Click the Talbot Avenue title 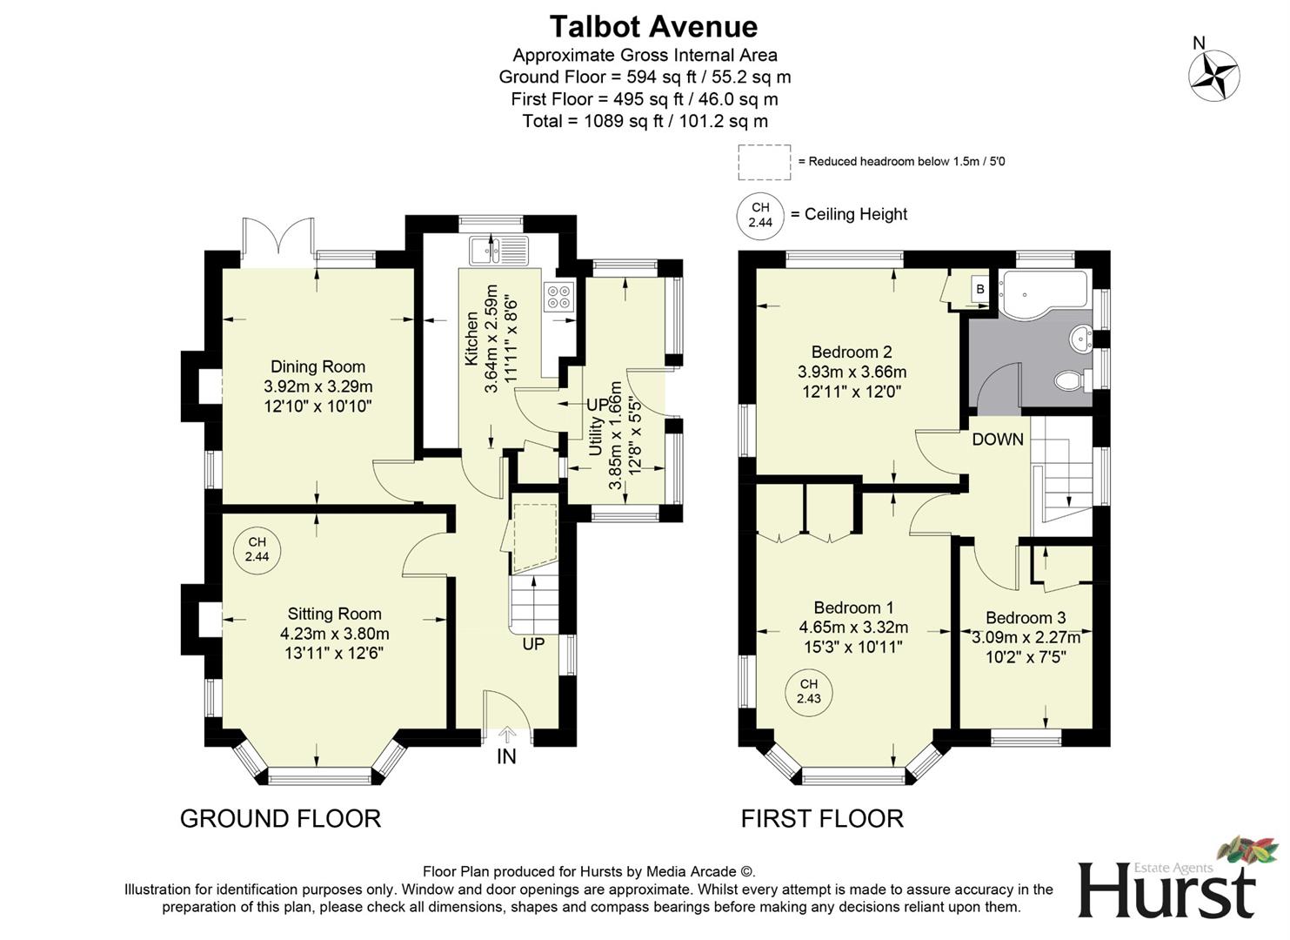[x=652, y=27]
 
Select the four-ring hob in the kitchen [x=558, y=297]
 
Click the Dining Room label [x=317, y=366]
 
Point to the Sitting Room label [x=334, y=614]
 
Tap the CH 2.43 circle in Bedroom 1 [x=808, y=691]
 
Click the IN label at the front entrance [x=506, y=756]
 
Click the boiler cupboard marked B [x=979, y=289]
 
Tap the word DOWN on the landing [x=998, y=440]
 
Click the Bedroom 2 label [x=851, y=352]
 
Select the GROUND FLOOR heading [x=280, y=818]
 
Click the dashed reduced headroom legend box [x=764, y=162]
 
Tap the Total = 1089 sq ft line [x=645, y=121]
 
